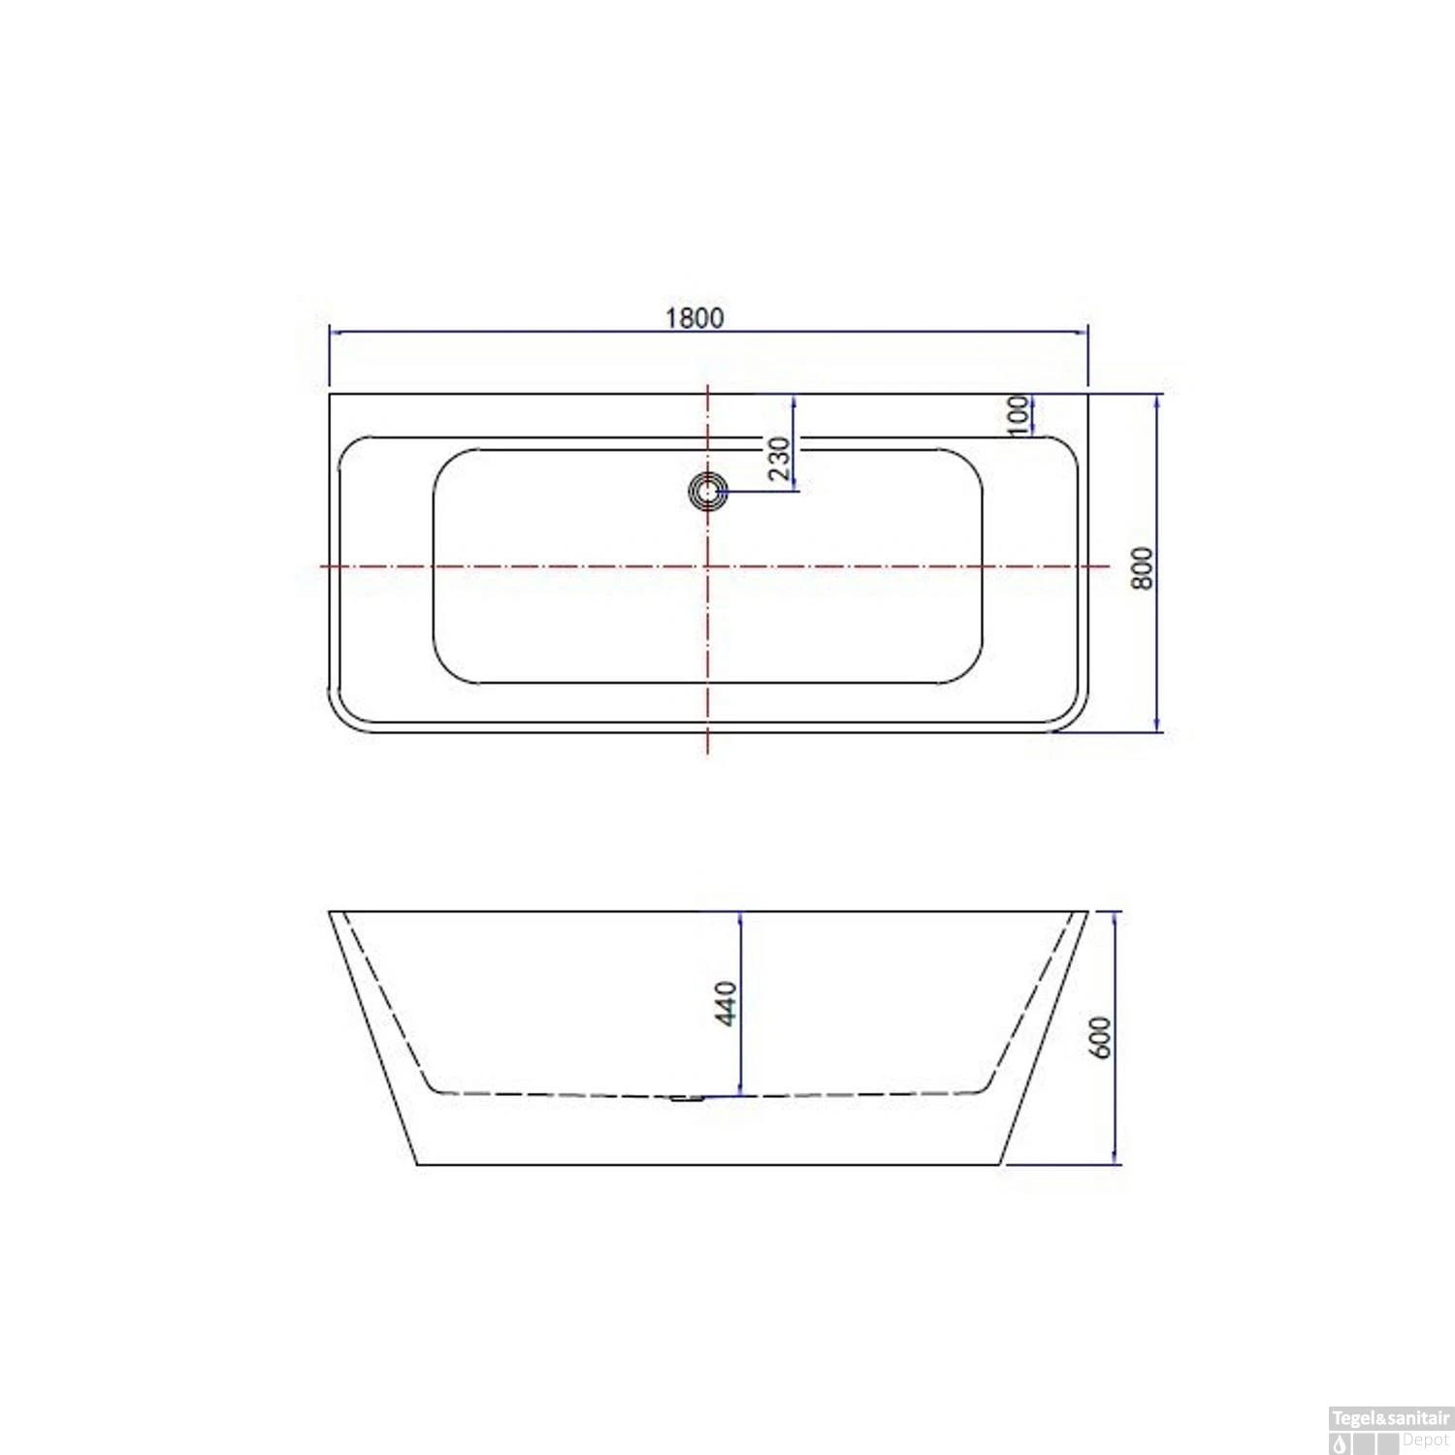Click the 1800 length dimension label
[694, 317]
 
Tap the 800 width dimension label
[1143, 567]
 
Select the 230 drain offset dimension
[779, 458]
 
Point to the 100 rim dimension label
[1018, 414]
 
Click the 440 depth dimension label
[725, 1002]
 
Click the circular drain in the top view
[708, 491]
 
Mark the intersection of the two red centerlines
[708, 566]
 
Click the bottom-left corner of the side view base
[417, 1164]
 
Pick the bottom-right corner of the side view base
[1000, 1164]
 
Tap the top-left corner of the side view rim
[330, 912]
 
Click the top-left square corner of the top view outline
[330, 394]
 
